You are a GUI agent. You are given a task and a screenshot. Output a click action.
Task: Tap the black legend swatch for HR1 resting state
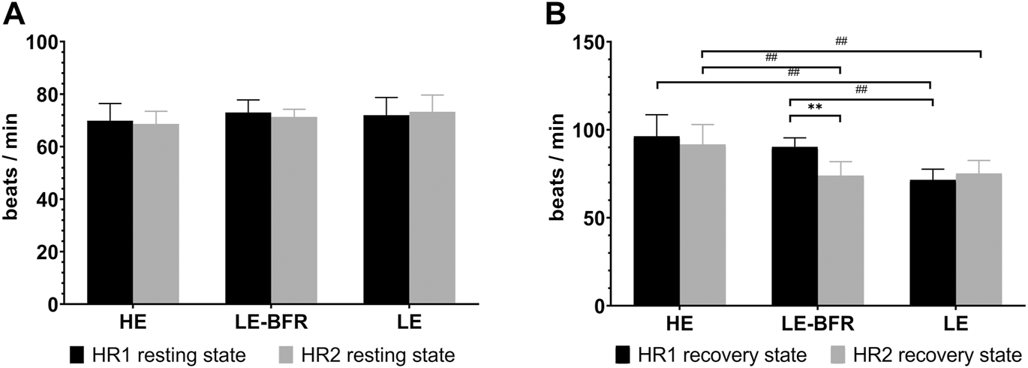click(x=79, y=354)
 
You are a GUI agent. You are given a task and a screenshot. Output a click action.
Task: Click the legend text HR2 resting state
click(x=379, y=354)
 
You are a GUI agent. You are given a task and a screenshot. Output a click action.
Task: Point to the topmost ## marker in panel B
click(x=841, y=41)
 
